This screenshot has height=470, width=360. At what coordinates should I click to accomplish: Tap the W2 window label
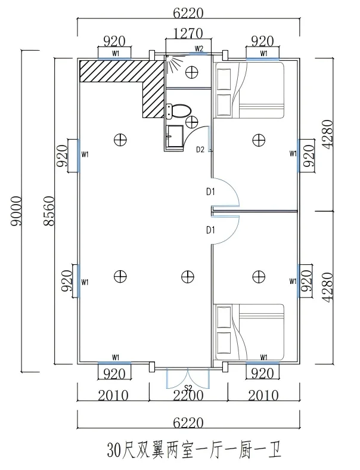click(199, 48)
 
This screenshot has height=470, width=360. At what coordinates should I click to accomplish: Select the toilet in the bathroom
click(178, 110)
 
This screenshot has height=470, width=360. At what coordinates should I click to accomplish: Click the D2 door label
click(201, 149)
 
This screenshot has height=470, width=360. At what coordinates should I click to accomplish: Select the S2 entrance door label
click(188, 388)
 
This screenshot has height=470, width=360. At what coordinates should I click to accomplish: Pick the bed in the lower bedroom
click(249, 332)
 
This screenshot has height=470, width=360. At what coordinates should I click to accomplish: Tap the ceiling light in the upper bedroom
click(258, 140)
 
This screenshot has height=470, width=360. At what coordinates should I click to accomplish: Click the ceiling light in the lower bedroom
click(258, 276)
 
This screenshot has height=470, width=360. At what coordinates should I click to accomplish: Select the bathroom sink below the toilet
click(174, 136)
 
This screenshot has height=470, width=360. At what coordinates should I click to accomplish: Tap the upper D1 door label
click(210, 192)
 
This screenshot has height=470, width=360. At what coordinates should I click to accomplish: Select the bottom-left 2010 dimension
click(113, 395)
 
